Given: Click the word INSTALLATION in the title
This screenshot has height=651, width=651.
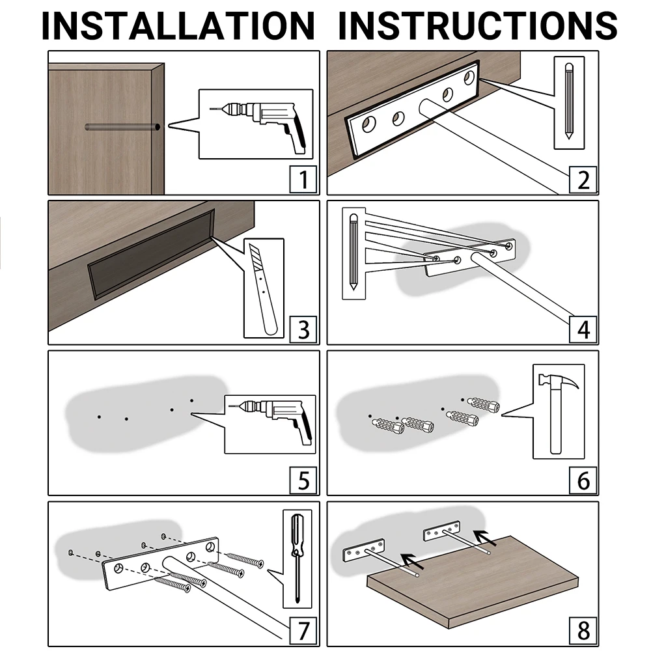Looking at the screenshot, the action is (x=178, y=26).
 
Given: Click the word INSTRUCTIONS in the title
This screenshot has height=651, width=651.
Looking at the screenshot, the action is (x=478, y=26).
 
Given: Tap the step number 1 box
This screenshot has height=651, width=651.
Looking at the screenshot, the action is (x=303, y=180).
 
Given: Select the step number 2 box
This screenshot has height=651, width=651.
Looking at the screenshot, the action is (x=583, y=180).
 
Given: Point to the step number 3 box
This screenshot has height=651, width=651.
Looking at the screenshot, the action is (x=303, y=329).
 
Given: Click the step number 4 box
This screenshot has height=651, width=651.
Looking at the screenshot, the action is (x=583, y=329).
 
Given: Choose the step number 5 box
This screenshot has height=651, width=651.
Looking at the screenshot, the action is (x=303, y=480).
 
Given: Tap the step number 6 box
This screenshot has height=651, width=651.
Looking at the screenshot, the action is (x=583, y=480).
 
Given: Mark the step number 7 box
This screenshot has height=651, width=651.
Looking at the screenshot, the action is (x=303, y=631).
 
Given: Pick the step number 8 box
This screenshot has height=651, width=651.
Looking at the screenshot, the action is (x=583, y=631).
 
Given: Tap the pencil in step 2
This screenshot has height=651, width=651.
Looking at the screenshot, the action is (x=569, y=101).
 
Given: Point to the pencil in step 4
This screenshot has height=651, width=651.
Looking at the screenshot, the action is (x=353, y=252).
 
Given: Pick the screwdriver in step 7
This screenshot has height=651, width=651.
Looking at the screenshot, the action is (x=297, y=557).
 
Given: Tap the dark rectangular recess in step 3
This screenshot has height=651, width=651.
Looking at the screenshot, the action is (x=152, y=253).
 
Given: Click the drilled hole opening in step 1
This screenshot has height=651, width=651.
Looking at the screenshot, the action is (x=158, y=127).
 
